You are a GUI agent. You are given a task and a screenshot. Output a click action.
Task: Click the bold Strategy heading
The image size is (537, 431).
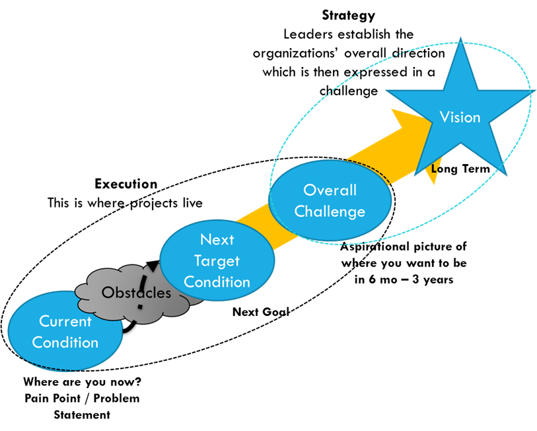coord(348,16)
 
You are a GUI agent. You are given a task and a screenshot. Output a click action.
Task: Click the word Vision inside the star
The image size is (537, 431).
coord(460,117)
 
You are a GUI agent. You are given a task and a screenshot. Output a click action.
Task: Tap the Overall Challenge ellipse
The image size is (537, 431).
coord(330,200)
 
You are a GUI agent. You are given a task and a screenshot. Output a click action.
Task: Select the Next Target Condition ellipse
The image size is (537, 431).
coord(217,260)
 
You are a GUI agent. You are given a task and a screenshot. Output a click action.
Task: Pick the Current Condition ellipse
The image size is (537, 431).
coord(65,331)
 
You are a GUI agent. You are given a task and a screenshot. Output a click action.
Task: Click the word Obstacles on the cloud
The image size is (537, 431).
coord(136,292)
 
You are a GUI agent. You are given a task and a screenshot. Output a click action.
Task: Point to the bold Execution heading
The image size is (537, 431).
coord(126,184)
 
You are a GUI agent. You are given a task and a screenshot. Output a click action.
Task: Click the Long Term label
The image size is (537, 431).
coord(460,169)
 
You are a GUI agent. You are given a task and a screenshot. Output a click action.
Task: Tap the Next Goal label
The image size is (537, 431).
coord(261,311)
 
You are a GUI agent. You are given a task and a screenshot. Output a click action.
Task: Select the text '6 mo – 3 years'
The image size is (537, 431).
coord(411,280)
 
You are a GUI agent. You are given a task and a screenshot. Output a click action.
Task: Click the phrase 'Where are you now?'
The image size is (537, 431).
coord(82,381)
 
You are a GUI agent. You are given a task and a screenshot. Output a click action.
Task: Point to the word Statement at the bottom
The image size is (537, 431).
coord(82,415)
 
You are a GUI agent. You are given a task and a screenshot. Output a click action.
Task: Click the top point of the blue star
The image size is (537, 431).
coord(460,38)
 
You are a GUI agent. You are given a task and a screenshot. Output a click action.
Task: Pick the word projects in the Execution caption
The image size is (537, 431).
coord(154,204)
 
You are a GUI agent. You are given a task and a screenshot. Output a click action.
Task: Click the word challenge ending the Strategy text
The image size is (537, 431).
coord(349,91)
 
